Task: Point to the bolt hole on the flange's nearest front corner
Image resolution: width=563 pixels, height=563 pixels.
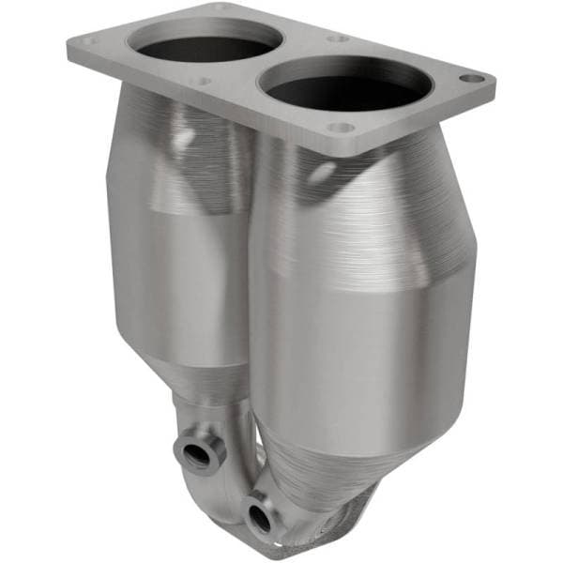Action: click(x=342, y=127)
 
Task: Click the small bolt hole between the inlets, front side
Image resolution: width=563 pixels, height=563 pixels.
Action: click(x=200, y=82)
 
